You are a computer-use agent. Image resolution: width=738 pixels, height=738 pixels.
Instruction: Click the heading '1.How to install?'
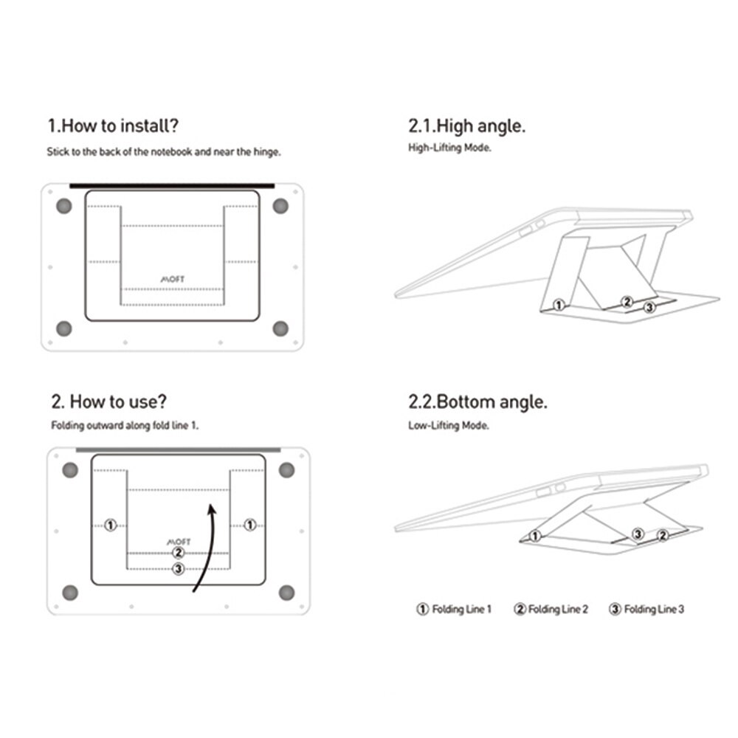pyautogui.click(x=112, y=125)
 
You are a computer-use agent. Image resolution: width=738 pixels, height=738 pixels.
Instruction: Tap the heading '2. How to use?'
pyautogui.click(x=108, y=402)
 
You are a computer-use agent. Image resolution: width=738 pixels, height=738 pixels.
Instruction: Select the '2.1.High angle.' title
pyautogui.click(x=466, y=125)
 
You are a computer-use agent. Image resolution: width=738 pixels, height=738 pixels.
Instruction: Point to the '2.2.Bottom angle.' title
pyautogui.click(x=477, y=402)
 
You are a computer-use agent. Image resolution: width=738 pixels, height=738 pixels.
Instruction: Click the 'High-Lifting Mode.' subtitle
pyautogui.click(x=449, y=148)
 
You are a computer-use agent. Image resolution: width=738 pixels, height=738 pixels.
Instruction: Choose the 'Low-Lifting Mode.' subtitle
pyautogui.click(x=449, y=425)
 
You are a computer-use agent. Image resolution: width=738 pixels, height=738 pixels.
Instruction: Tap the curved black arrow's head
pyautogui.click(x=212, y=508)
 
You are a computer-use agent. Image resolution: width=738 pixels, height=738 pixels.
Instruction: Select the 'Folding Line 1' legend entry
pyautogui.click(x=453, y=610)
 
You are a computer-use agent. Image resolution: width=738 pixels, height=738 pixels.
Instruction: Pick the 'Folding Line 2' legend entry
pyautogui.click(x=551, y=610)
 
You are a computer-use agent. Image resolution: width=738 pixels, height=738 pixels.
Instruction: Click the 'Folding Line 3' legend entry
pyautogui.click(x=646, y=610)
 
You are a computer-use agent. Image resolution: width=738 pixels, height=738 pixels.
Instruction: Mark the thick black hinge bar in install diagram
pyautogui.click(x=172, y=186)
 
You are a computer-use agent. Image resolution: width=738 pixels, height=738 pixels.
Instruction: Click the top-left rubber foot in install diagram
pyautogui.click(x=64, y=206)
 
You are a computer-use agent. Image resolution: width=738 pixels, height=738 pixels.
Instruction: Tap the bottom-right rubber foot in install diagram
pyautogui.click(x=280, y=328)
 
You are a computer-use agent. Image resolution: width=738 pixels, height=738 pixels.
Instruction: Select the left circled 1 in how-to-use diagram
pyautogui.click(x=110, y=525)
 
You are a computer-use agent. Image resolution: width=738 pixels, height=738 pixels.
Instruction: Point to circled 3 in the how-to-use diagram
pyautogui.click(x=178, y=568)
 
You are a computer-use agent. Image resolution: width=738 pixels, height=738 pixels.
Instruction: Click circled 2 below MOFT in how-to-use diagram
pyautogui.click(x=178, y=552)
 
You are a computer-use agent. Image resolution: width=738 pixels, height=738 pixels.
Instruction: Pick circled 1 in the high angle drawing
pyautogui.click(x=559, y=304)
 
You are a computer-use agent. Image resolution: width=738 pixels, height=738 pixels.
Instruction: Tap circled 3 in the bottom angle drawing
pyautogui.click(x=638, y=533)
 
